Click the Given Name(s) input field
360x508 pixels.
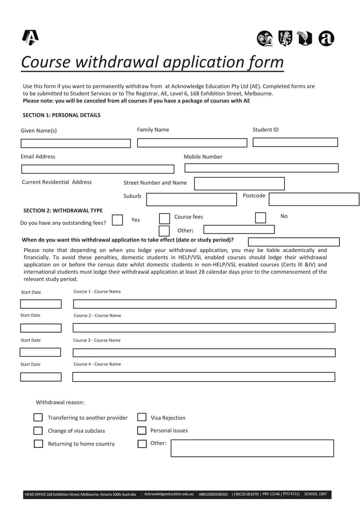pyautogui.click(x=76, y=143)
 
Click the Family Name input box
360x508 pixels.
pyautogui.click(x=192, y=143)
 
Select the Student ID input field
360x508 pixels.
pyautogui.click(x=295, y=143)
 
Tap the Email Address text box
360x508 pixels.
pyautogui.click(x=98, y=169)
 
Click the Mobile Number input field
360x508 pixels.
pyautogui.click(x=261, y=168)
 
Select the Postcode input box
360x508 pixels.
pyautogui.click(x=314, y=199)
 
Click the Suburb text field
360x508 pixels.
pyautogui.click(x=192, y=200)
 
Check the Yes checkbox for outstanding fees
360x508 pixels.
pyautogui.click(x=117, y=220)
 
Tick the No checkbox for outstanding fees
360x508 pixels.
pyautogui.click(x=261, y=218)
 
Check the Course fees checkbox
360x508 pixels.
pyautogui.click(x=165, y=218)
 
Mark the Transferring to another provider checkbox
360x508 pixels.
pyautogui.click(x=38, y=418)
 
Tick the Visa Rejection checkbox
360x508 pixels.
pyautogui.click(x=142, y=417)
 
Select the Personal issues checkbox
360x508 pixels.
pyautogui.click(x=142, y=431)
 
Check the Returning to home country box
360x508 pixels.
pyautogui.click(x=38, y=444)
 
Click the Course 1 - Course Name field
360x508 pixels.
pyautogui.click(x=204, y=304)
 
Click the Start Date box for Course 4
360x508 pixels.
pyautogui.click(x=40, y=377)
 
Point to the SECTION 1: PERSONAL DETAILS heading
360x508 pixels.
pyautogui.click(x=62, y=115)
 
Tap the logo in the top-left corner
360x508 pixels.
pyautogui.click(x=30, y=38)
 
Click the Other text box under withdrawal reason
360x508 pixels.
pyautogui.click(x=252, y=448)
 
